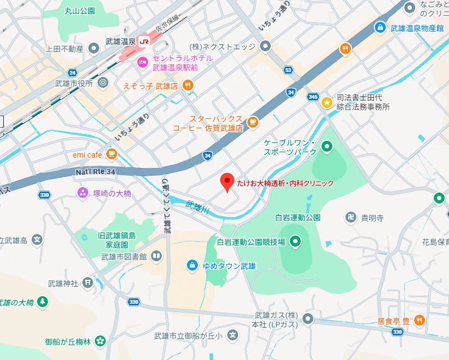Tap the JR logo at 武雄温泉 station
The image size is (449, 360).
(x=144, y=41)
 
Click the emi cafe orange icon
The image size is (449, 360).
(x=112, y=154)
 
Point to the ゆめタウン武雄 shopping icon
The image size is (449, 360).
(x=192, y=266)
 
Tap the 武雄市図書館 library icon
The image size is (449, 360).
(x=156, y=256)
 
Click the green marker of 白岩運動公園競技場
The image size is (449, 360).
(x=295, y=241)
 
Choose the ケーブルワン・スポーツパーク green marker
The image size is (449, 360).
(x=327, y=146)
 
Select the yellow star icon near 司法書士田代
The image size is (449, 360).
(x=326, y=101)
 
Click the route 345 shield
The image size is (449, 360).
(x=313, y=97)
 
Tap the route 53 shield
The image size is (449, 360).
(x=288, y=70)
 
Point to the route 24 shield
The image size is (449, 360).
(x=72, y=73)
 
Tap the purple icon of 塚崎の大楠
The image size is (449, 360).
(x=83, y=193)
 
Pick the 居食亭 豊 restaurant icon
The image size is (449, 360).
(x=420, y=321)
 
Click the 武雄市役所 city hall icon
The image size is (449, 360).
(x=104, y=83)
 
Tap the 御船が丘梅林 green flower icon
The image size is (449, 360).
(x=100, y=341)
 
